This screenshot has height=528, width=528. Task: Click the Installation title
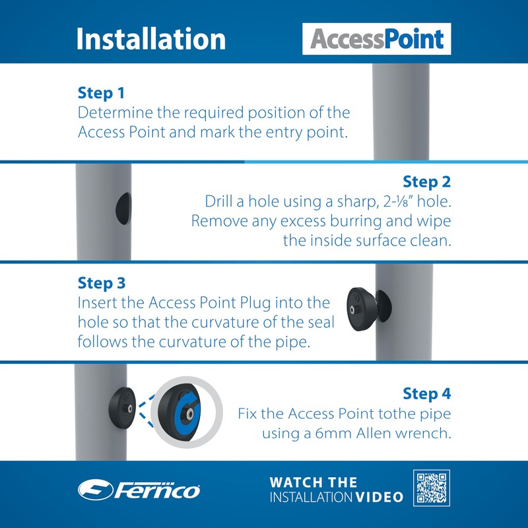tap(151, 39)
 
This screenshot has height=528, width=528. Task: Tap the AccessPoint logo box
tap(376, 39)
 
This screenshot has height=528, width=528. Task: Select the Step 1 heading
tap(101, 93)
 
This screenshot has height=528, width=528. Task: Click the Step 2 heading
tap(426, 182)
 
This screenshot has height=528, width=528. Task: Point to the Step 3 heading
tap(102, 283)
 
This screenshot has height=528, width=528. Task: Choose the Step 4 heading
tap(426, 393)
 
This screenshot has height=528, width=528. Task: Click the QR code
tap(432, 488)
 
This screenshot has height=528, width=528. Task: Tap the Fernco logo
tap(139, 490)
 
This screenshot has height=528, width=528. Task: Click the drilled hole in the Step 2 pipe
tap(123, 209)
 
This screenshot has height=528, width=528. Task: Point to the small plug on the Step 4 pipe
tap(122, 408)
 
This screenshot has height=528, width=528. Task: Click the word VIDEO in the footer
tap(379, 498)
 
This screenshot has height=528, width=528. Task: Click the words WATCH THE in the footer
tap(313, 482)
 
